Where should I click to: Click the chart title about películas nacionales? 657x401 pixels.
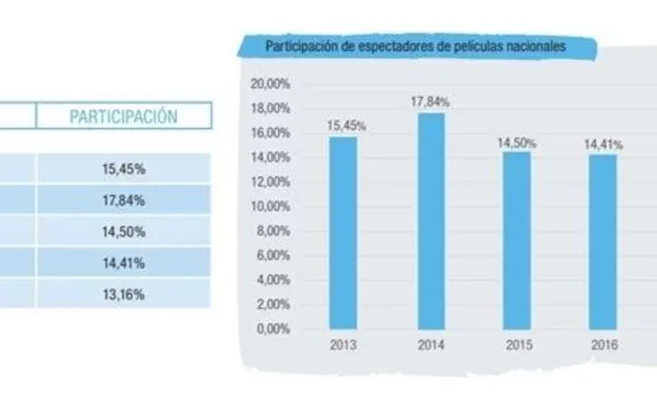pos(416,47)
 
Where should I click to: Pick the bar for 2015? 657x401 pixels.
pos(517,239)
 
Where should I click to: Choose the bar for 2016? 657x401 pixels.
pos(604,240)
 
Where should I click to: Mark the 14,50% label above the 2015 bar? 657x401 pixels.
pos(517,143)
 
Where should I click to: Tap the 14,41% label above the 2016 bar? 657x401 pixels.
pos(604,145)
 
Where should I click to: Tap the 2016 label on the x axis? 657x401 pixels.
pos(604,346)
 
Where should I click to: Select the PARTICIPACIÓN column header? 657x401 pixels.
pos(123,116)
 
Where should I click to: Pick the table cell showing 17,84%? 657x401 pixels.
pos(123,200)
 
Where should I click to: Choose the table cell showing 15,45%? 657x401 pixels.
pos(123,168)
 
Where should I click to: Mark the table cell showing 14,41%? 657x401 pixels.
pos(123,264)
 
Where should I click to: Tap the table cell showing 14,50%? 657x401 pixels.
pos(123,233)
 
